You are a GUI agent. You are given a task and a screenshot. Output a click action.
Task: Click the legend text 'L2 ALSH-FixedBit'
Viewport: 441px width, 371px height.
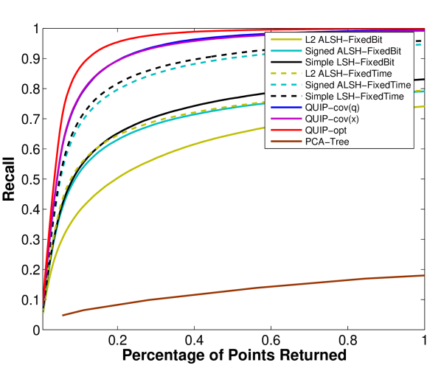(344, 38)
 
